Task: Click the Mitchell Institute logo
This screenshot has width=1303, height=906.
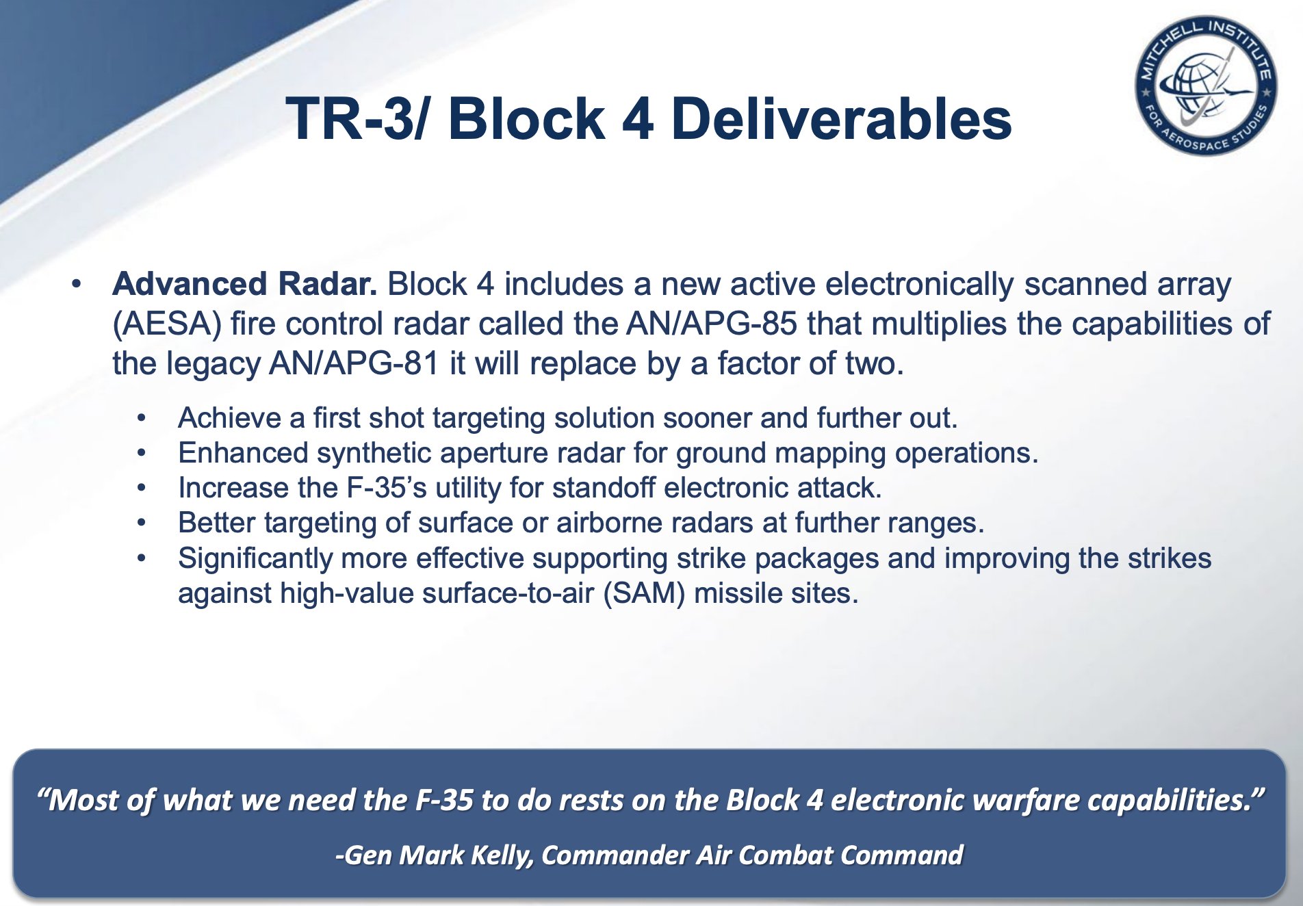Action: [x=1205, y=85]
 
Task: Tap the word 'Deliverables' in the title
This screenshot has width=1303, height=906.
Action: [x=842, y=118]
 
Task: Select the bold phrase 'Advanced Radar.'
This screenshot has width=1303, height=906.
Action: [x=245, y=283]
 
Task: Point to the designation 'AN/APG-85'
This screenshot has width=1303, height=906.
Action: [x=712, y=324]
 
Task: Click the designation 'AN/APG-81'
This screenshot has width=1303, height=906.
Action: [x=354, y=363]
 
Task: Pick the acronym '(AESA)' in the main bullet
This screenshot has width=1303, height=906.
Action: [x=168, y=324]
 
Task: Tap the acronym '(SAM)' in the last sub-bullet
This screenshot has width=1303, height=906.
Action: [x=645, y=593]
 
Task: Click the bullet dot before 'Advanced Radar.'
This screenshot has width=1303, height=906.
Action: [x=77, y=284]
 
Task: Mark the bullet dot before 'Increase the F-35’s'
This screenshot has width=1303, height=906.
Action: [x=141, y=489]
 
